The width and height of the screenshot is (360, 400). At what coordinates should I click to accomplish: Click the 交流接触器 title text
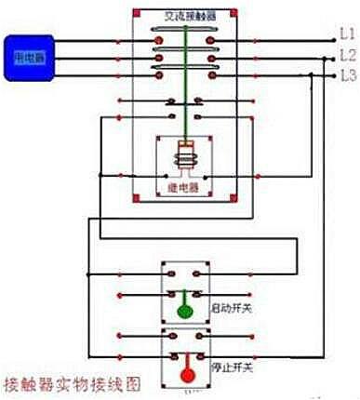click(x=189, y=15)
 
